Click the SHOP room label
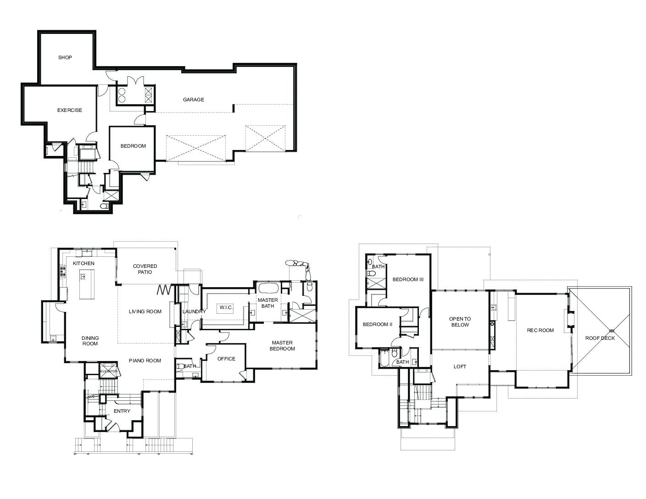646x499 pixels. [x=65, y=57]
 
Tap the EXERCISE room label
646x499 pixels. [x=70, y=110]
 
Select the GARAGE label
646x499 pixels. [x=193, y=100]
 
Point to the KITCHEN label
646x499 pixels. [x=84, y=263]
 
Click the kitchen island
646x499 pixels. [x=87, y=284]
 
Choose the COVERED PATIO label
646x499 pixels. [x=145, y=269]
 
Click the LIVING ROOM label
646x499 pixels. [x=145, y=311]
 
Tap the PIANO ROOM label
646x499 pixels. [x=145, y=360]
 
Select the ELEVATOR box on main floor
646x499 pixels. [x=109, y=371]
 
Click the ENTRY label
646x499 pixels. [x=122, y=411]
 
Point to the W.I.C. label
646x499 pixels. [x=226, y=308]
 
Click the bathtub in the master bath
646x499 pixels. [x=268, y=288]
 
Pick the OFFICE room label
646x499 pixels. [x=226, y=359]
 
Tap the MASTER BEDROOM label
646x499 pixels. [x=282, y=346]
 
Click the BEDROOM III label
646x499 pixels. [x=408, y=279]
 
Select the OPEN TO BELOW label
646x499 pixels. [x=460, y=322]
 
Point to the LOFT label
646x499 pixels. [x=460, y=367]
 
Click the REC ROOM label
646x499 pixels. [x=540, y=330]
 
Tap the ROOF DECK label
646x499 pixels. [x=600, y=338]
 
